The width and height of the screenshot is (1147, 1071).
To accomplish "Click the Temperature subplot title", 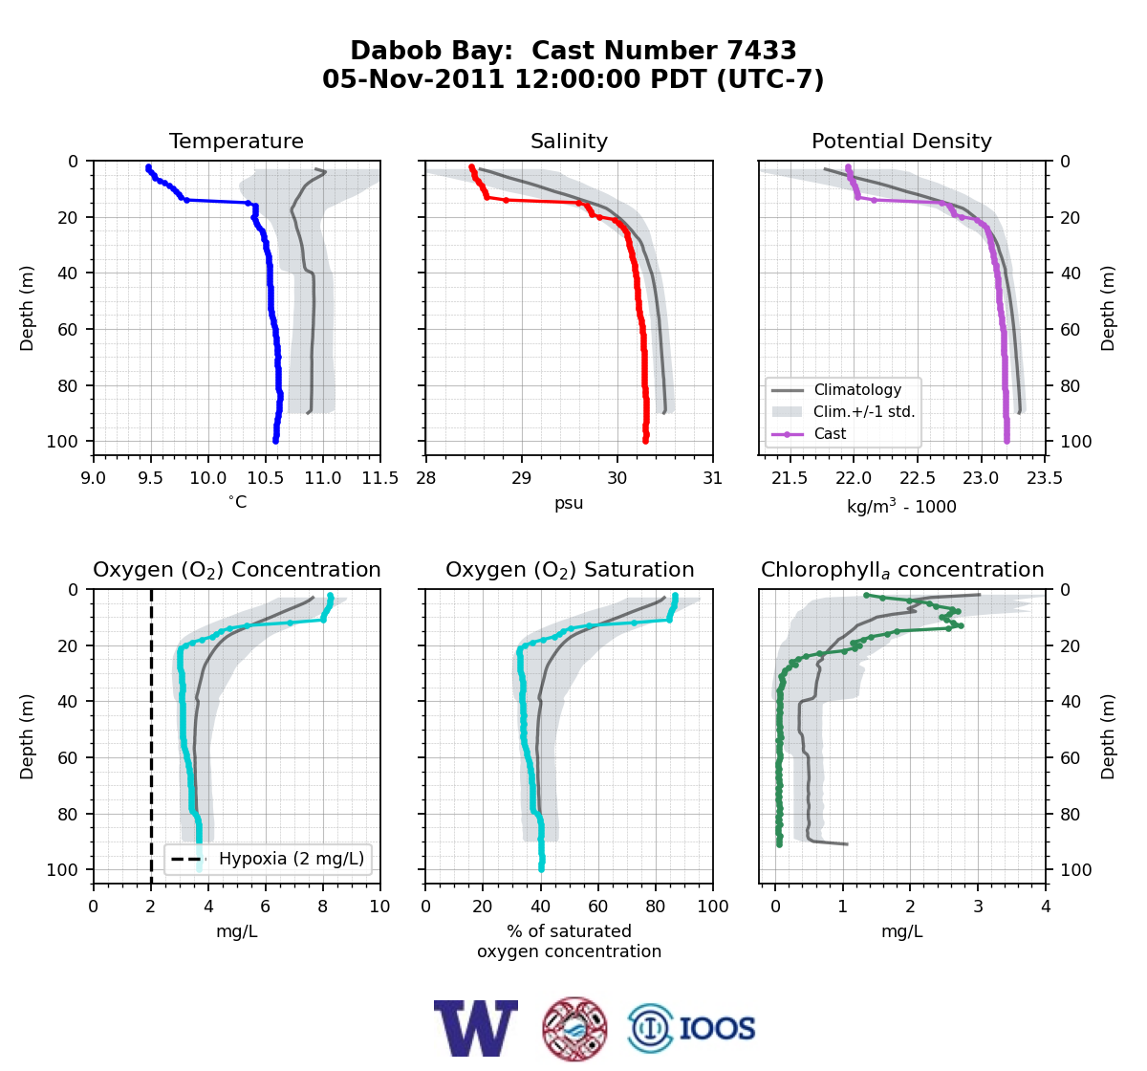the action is click(x=236, y=141).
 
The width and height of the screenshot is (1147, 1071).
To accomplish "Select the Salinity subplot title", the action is click(x=569, y=141).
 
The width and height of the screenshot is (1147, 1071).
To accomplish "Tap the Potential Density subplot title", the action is click(x=901, y=141).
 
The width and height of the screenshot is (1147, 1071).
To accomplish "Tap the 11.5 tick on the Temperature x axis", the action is click(x=380, y=478).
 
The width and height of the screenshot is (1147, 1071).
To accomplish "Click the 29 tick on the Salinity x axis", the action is click(x=522, y=478).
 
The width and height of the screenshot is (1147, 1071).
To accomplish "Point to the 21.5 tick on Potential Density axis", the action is click(x=790, y=478).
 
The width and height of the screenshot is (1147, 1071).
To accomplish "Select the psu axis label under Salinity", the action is click(x=569, y=503).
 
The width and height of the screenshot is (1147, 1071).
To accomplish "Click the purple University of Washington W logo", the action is click(x=476, y=1028).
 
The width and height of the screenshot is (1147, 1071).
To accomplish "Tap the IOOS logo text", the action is click(x=717, y=1029).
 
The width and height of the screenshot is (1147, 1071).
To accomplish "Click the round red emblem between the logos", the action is click(x=574, y=1029).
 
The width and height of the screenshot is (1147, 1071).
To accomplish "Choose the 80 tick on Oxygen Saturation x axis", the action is click(x=656, y=907).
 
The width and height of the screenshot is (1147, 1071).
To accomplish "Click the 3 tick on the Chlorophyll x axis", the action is click(x=978, y=907).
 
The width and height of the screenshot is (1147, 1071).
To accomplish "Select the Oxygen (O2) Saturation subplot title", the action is click(x=570, y=570).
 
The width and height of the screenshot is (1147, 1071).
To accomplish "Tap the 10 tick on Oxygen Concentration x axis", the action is click(x=380, y=907).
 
